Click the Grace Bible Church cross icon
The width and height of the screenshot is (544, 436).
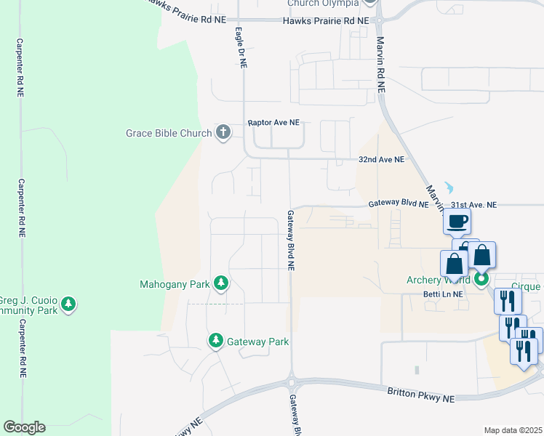pos(223,133)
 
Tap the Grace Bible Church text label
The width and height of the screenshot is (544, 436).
pos(169,133)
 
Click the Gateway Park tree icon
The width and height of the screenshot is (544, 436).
pos(216,341)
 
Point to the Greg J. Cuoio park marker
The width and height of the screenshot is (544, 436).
pos(68,304)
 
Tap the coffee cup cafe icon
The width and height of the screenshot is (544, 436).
pos(457,222)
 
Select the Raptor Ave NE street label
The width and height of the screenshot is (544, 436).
pos(273,124)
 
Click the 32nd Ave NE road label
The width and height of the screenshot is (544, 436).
pos(381,159)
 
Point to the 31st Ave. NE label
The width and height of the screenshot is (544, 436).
pos(473,206)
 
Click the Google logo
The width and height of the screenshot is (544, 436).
pos(24,427)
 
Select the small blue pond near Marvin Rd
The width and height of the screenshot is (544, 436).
pos(447,187)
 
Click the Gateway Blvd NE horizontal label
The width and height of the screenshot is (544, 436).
pos(398,205)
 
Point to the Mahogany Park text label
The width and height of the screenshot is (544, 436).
pos(174,284)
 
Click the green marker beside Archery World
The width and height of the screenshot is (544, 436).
pos(481,279)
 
